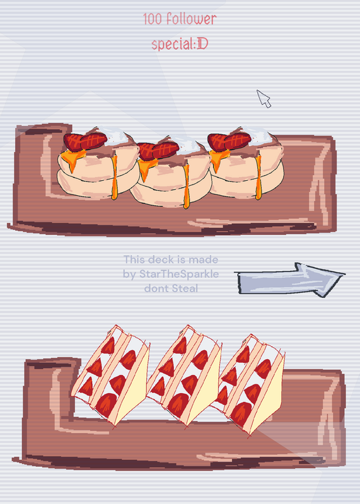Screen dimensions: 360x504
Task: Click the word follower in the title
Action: (192, 20)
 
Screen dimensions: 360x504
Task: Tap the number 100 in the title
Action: (153, 20)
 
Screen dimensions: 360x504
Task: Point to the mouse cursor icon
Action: (264, 99)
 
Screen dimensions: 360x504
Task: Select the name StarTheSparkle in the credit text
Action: (179, 274)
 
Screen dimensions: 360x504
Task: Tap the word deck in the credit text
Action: (161, 260)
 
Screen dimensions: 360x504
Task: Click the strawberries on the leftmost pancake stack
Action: (85, 141)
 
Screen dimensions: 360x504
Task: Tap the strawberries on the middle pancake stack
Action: (158, 151)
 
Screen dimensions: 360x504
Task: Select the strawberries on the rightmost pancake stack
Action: (229, 141)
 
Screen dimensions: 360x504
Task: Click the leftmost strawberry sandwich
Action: (111, 376)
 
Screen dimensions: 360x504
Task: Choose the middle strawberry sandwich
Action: (184, 376)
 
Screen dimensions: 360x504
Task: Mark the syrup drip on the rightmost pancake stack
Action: (258, 178)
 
